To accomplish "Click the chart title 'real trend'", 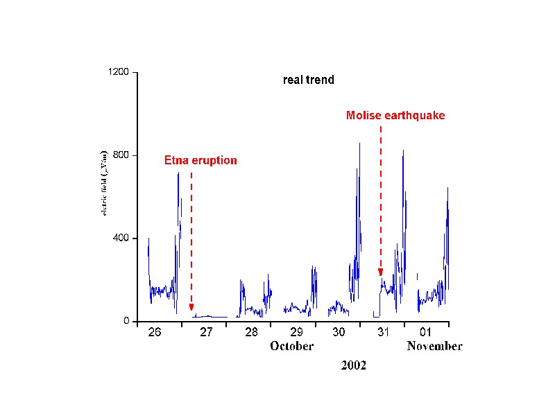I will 309,80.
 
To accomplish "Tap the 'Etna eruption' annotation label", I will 200,160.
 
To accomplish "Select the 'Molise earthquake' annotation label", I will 395,115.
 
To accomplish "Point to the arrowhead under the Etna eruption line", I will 191,308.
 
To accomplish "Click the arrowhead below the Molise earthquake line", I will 380,272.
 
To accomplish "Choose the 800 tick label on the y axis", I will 121,155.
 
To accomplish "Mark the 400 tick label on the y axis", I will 121,239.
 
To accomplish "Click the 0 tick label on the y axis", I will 127,322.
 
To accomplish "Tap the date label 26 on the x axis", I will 155,332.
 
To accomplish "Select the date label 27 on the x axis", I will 206,333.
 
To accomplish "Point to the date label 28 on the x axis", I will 251,333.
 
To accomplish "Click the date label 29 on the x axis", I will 296,333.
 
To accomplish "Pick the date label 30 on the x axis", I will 339,332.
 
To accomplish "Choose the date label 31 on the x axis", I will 382,333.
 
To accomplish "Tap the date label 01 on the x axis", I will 425,332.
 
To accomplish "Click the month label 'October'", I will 292,346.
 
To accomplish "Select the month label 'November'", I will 434,346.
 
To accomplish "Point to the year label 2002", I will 353,365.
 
